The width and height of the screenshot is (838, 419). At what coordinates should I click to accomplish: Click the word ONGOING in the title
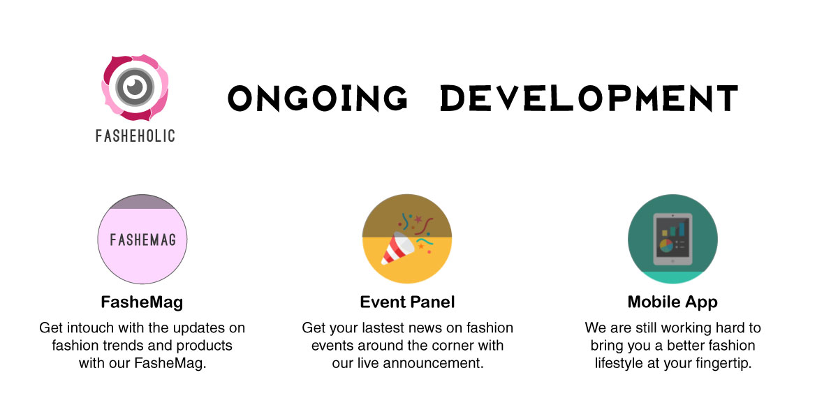point(317,98)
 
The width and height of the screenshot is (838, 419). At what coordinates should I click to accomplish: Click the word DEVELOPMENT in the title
point(589,98)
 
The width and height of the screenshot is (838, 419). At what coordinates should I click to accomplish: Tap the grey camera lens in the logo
point(135,87)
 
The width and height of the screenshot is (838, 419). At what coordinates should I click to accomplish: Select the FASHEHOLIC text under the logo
point(135,135)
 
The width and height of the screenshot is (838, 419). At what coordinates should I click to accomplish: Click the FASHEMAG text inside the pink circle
point(142,240)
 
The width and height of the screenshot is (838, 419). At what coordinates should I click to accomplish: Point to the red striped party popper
point(397,249)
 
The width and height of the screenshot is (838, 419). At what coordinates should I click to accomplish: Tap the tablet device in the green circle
point(672,239)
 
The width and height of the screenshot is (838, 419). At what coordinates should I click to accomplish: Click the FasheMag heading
point(142,302)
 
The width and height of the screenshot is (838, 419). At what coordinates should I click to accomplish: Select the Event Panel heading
point(407,302)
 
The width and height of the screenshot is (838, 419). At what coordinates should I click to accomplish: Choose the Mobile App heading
point(672,302)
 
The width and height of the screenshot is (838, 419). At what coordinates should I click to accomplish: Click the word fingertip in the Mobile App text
point(726,363)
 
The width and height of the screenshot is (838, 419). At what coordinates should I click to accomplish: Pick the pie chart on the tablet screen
point(666,246)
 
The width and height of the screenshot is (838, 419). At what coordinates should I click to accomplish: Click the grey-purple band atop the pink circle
point(142,202)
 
